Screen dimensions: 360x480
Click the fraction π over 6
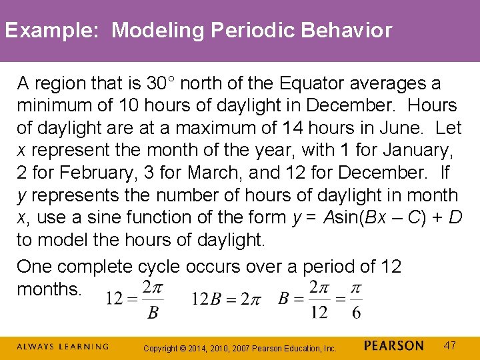(x=356, y=299)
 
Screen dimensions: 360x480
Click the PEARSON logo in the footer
(x=394, y=346)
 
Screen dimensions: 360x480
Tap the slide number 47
(x=450, y=345)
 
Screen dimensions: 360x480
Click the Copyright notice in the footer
(x=240, y=348)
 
